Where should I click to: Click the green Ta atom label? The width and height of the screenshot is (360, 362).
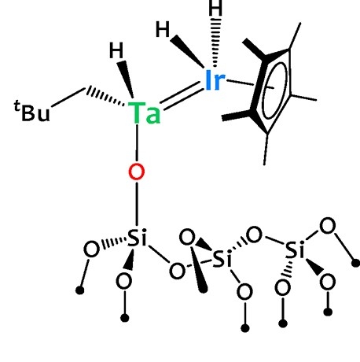pos(144,113)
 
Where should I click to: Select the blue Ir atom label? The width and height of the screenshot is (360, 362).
pos(215,80)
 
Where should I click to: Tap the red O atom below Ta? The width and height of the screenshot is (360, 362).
pos(137,172)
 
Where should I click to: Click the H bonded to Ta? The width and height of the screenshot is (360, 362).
pos(116,50)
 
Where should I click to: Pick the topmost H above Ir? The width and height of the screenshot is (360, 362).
pos(215,8)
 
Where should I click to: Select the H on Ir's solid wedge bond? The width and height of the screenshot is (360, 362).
pos(163,29)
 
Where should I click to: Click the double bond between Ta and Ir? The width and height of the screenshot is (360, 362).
pos(182,96)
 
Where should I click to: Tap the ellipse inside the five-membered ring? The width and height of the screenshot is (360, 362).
pos(274,90)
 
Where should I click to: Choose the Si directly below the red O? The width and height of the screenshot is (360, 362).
pos(137,238)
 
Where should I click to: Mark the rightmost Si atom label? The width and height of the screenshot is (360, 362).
pos(295,250)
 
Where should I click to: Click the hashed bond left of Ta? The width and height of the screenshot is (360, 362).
pos(105,96)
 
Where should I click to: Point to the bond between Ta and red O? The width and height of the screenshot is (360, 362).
pos(137,143)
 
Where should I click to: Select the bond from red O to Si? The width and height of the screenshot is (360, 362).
pos(137,204)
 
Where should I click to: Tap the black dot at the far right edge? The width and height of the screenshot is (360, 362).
pos(355,263)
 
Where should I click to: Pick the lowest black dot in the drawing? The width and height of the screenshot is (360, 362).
pos(245,328)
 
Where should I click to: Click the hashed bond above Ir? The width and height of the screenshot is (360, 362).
pos(215,42)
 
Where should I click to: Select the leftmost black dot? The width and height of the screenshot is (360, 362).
pos(80,290)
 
